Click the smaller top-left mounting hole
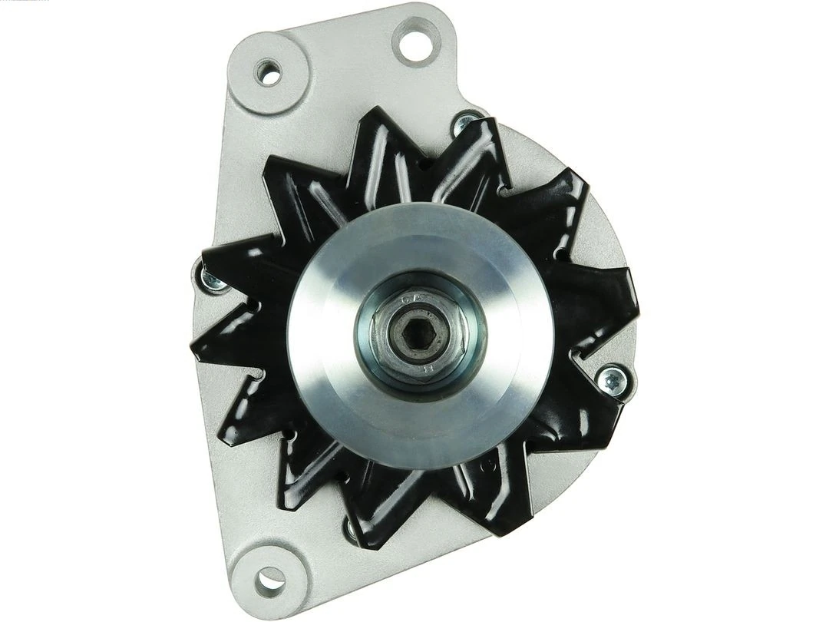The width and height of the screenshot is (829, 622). click(x=269, y=72)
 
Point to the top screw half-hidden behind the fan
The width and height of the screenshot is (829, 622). click(x=464, y=122)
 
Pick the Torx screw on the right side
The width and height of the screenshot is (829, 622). click(x=613, y=377)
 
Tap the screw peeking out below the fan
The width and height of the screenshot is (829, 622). click(x=352, y=528)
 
